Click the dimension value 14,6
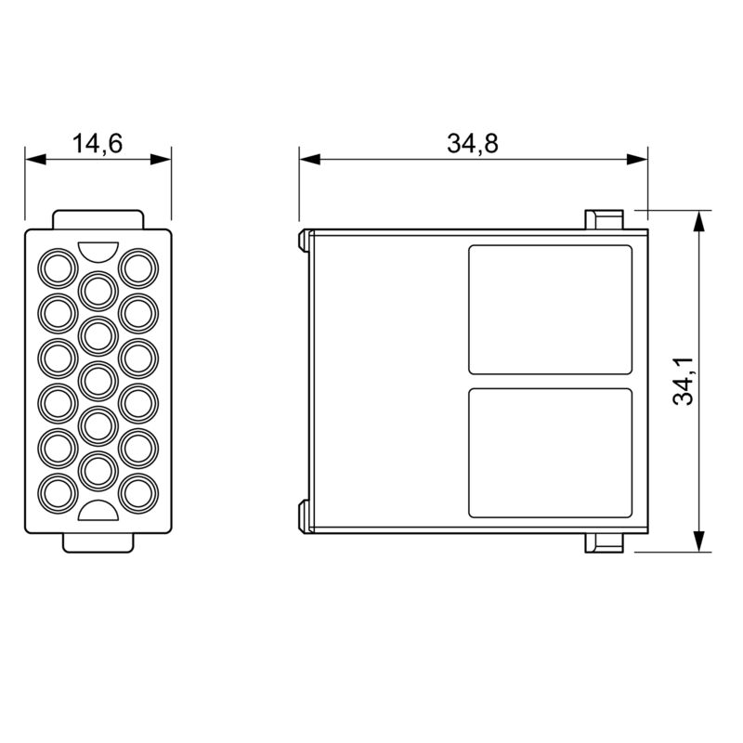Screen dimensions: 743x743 click(x=98, y=143)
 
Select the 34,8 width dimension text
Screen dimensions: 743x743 click(x=472, y=143)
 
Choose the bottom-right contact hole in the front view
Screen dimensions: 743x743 click(x=138, y=490)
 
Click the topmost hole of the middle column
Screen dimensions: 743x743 click(x=98, y=290)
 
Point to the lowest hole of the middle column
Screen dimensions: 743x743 click(x=98, y=469)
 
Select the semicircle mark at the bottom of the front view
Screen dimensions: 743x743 click(x=98, y=510)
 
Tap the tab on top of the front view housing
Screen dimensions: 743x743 click(x=98, y=218)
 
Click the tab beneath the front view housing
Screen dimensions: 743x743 click(x=98, y=542)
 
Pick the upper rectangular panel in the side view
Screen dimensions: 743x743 click(x=550, y=309)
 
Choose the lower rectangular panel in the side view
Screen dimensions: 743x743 click(x=550, y=452)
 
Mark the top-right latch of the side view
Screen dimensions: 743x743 click(x=603, y=219)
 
